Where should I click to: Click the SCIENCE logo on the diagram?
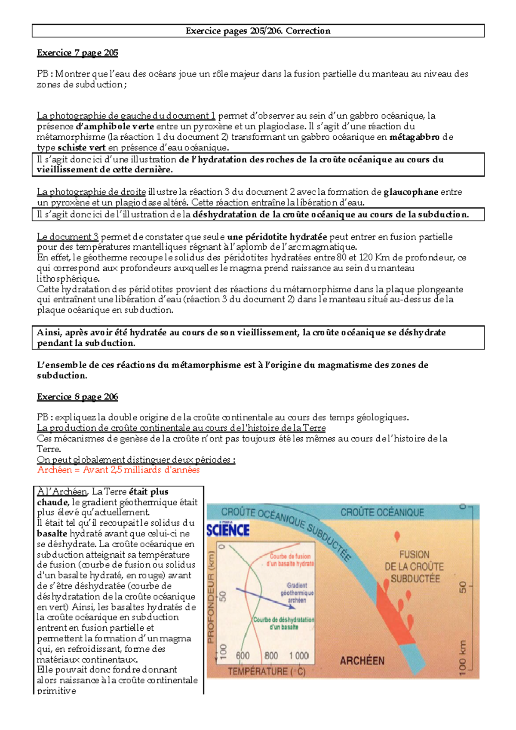pos(228,530)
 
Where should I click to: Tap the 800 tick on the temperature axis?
pos(271,656)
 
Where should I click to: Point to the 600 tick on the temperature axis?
pos(243,656)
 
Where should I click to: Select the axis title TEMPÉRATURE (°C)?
pos(266,671)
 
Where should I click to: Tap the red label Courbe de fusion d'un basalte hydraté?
pos(290,560)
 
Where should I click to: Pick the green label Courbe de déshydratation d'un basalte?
pos(284,623)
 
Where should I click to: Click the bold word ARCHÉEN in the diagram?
pos(362,661)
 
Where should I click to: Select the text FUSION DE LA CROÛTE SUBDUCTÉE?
pos(415,567)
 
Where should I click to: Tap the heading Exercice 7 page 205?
pos(77,53)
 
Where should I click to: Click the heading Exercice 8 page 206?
pos(77,397)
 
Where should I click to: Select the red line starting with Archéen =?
pos(118,470)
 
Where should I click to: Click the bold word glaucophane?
pos(411,192)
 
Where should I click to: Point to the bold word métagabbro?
pos(414,137)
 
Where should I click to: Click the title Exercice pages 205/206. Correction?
pos(258,31)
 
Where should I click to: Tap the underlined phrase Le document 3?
pos(68,237)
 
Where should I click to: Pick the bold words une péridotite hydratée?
pos(277,237)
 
